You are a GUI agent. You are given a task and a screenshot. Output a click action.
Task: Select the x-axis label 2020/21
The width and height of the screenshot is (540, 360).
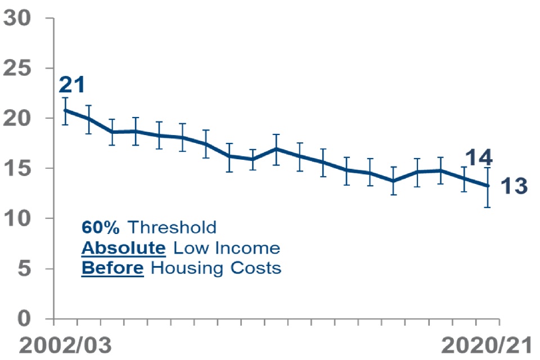tap(486, 345)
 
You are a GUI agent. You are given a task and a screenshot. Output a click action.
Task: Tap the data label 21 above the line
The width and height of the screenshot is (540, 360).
tap(72, 85)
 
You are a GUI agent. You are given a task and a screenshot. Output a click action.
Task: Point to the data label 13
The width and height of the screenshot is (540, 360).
tap(514, 186)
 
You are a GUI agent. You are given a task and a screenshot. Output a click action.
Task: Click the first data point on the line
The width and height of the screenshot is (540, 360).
tap(66, 110)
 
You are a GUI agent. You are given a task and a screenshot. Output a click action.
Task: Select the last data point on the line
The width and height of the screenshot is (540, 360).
tap(488, 186)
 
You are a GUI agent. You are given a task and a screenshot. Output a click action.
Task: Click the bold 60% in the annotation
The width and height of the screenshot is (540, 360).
tap(101, 227)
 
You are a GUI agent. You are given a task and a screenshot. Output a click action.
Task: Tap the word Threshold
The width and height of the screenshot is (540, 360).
tap(172, 227)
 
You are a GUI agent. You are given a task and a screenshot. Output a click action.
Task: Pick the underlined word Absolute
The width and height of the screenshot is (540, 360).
tap(124, 248)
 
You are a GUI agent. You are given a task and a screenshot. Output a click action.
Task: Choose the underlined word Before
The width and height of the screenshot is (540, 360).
tap(112, 268)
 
